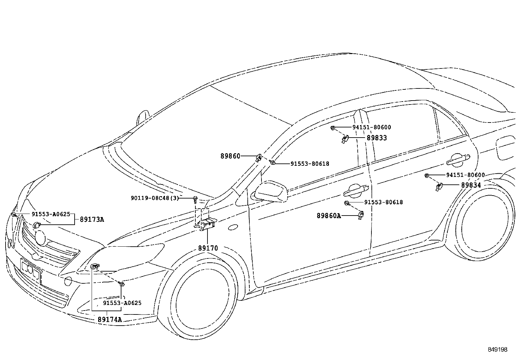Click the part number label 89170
pyautogui.click(x=208, y=248)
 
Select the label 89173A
pyautogui.click(x=92, y=219)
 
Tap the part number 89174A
pyautogui.click(x=110, y=319)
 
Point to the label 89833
pyautogui.click(x=377, y=138)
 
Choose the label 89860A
pyautogui.click(x=329, y=216)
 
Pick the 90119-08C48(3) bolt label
pyautogui.click(x=155, y=198)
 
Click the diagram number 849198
pyautogui.click(x=497, y=350)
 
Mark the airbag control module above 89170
pyautogui.click(x=207, y=224)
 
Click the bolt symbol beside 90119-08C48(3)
pyautogui.click(x=195, y=199)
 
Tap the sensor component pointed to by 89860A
pyautogui.click(x=361, y=215)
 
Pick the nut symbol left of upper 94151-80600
pyautogui.click(x=332, y=127)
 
